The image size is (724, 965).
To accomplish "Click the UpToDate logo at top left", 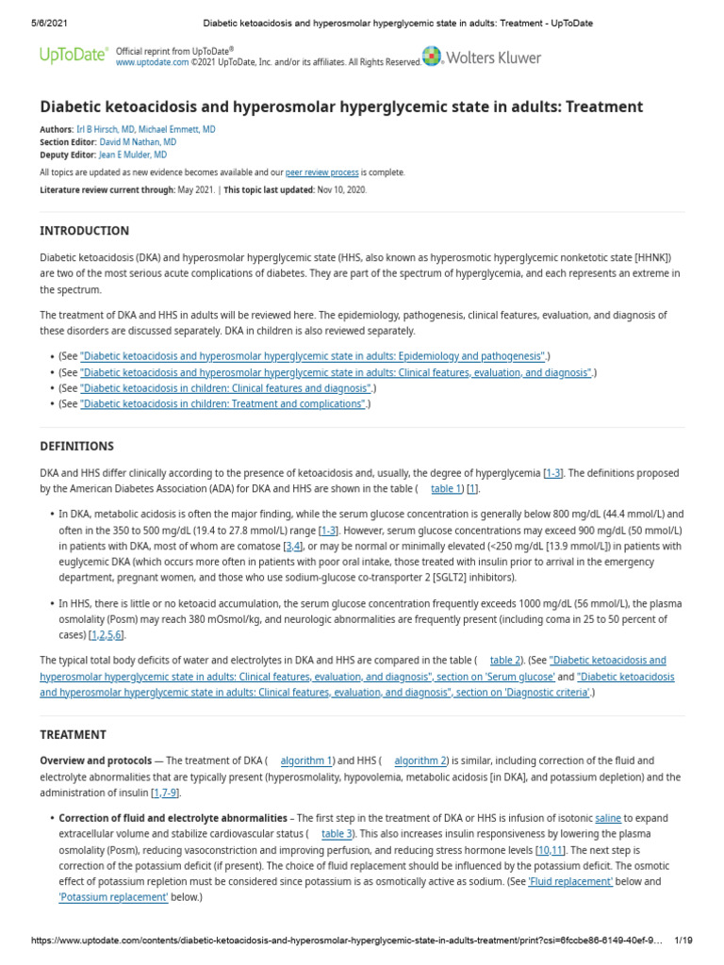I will click(x=73, y=56).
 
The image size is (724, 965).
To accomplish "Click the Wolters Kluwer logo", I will click(x=483, y=57).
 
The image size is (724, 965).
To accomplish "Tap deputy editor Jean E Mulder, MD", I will click(x=133, y=155).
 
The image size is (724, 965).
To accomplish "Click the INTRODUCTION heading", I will click(x=85, y=231).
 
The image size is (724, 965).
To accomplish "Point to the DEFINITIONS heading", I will click(x=76, y=446).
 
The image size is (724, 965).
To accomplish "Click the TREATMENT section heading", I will click(x=73, y=734).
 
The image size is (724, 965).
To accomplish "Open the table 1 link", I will click(x=446, y=489).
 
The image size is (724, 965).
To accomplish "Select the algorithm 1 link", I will click(x=306, y=761).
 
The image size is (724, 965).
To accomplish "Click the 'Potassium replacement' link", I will click(x=113, y=897).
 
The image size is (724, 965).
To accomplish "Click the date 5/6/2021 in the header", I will click(x=36, y=23).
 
